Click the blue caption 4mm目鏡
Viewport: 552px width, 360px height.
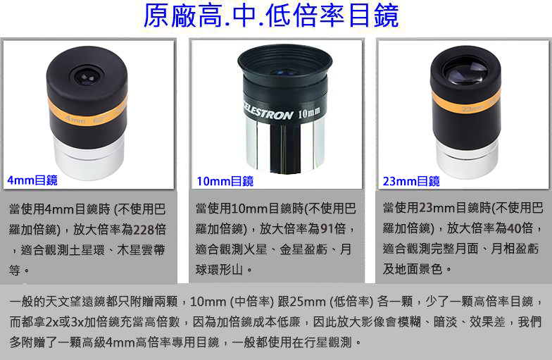pos(32,180)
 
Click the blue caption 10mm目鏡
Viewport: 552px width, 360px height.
pos(225,182)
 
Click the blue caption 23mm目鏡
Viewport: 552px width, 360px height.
pos(411,182)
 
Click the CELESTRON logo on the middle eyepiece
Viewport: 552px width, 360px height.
pos(268,111)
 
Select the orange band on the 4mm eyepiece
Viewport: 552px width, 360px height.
pos(87,113)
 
